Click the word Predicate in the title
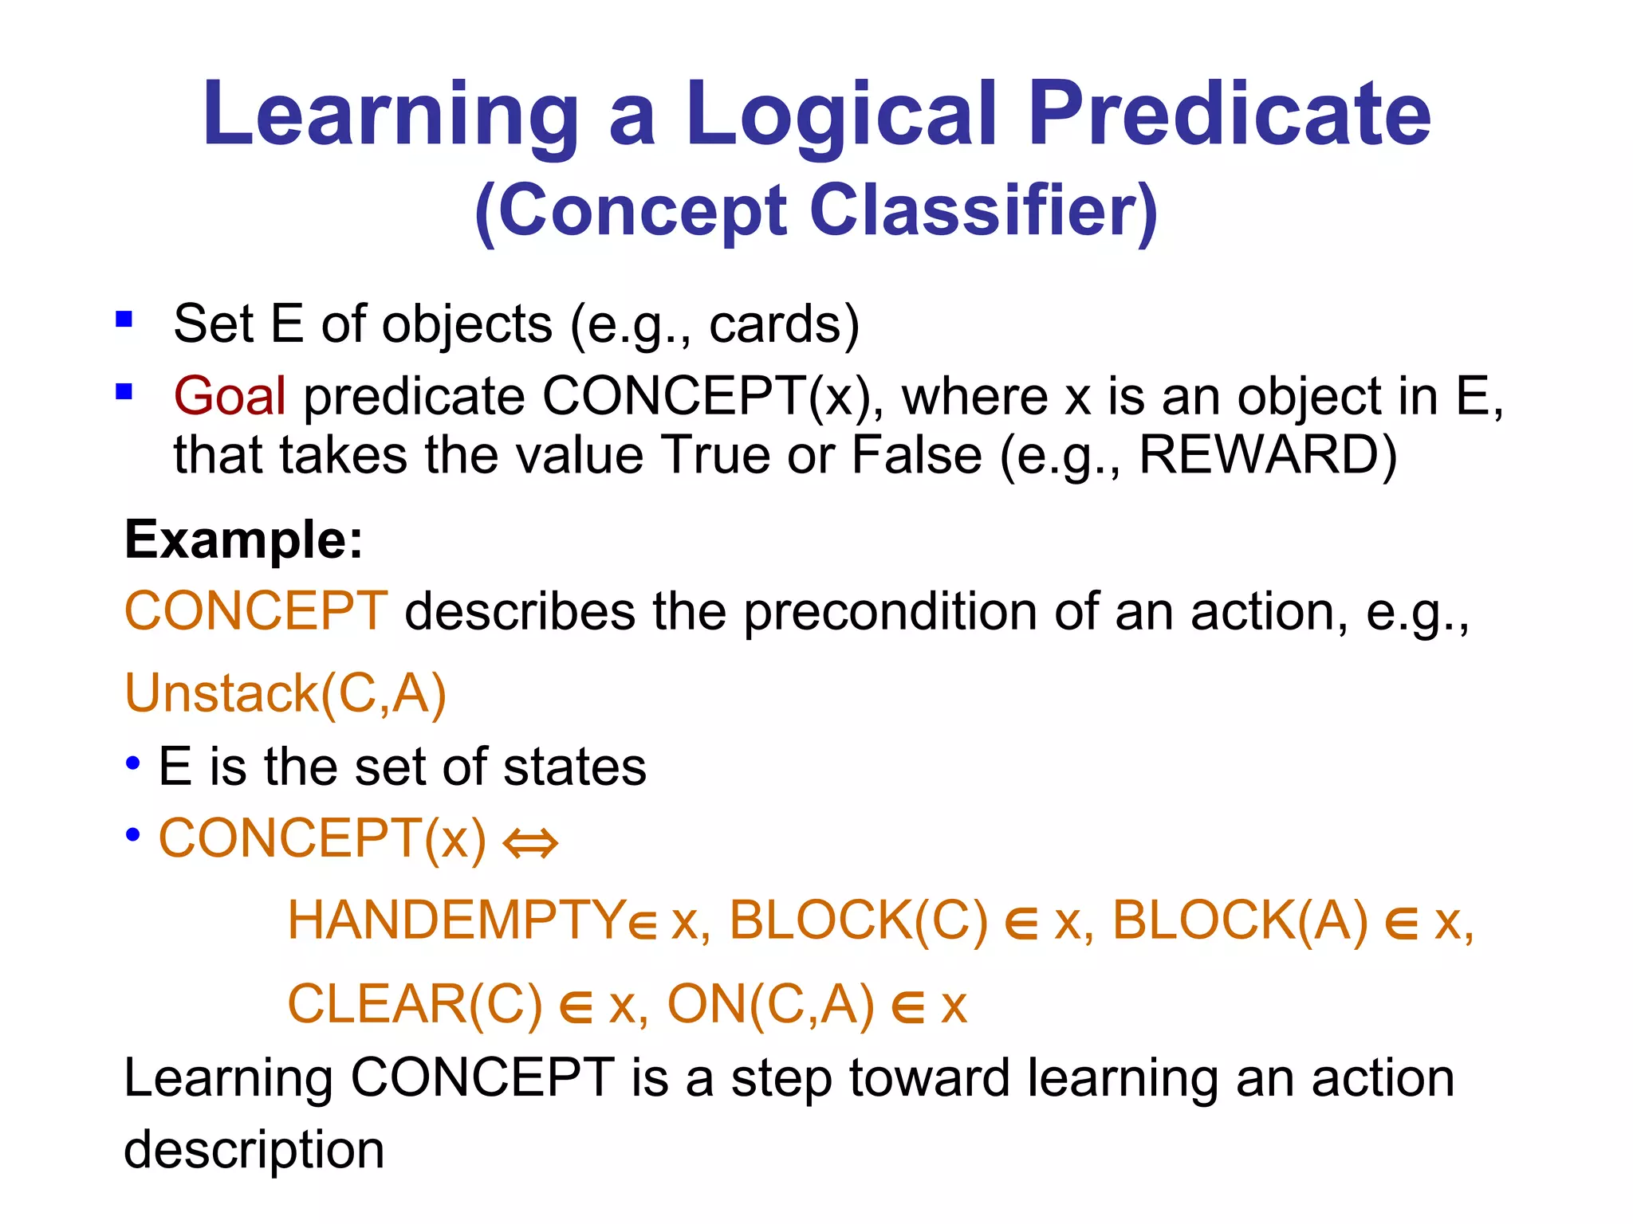(x=1230, y=116)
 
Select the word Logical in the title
(x=840, y=116)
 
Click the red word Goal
(x=230, y=396)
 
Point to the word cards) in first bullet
(x=784, y=324)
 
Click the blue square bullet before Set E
(x=124, y=320)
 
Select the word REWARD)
(x=1268, y=456)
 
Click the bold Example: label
(x=244, y=541)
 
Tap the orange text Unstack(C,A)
(x=285, y=693)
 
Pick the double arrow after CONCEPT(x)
(x=531, y=843)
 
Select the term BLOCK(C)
(x=859, y=921)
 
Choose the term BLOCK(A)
(x=1241, y=921)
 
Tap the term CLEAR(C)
(x=415, y=1004)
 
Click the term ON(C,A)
(x=770, y=1004)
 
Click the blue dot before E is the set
(x=133, y=763)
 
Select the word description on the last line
(x=254, y=1151)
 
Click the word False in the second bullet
(x=917, y=456)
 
